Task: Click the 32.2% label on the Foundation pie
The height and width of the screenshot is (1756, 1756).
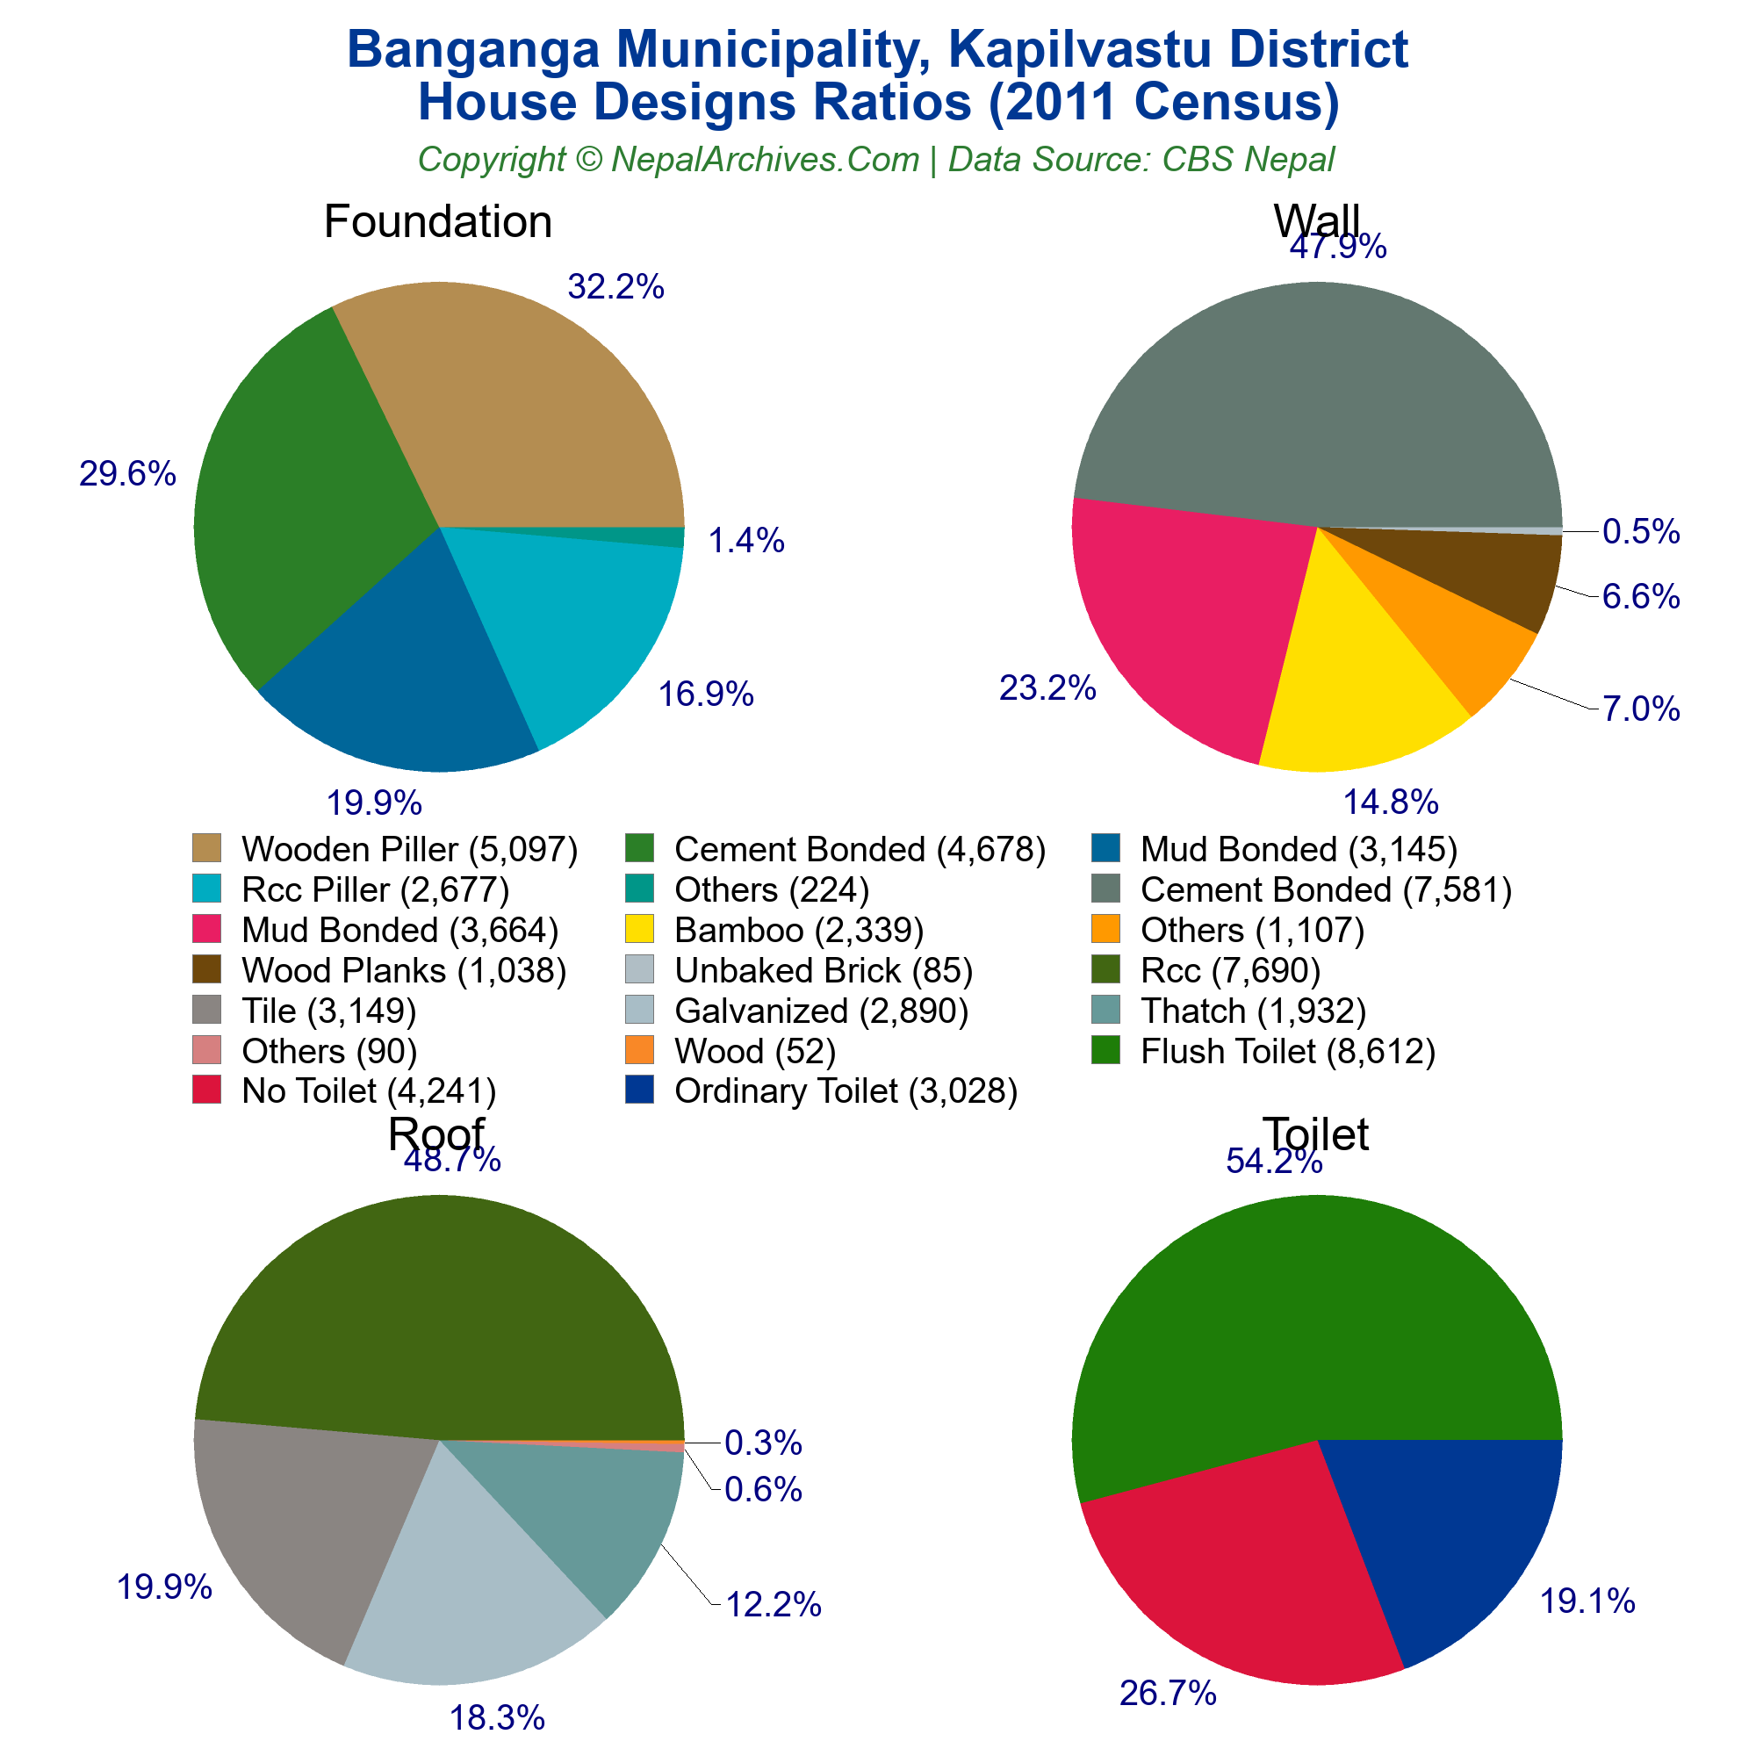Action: (615, 287)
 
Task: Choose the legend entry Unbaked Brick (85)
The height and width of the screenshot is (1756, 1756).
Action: (823, 971)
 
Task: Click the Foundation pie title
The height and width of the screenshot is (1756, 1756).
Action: (437, 222)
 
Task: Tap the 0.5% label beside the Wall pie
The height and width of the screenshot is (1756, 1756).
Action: (1641, 532)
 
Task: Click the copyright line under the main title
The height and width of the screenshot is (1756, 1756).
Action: (876, 159)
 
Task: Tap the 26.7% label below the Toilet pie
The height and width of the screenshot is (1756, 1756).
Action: (1168, 1694)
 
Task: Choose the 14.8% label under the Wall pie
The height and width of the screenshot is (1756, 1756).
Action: (1391, 802)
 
